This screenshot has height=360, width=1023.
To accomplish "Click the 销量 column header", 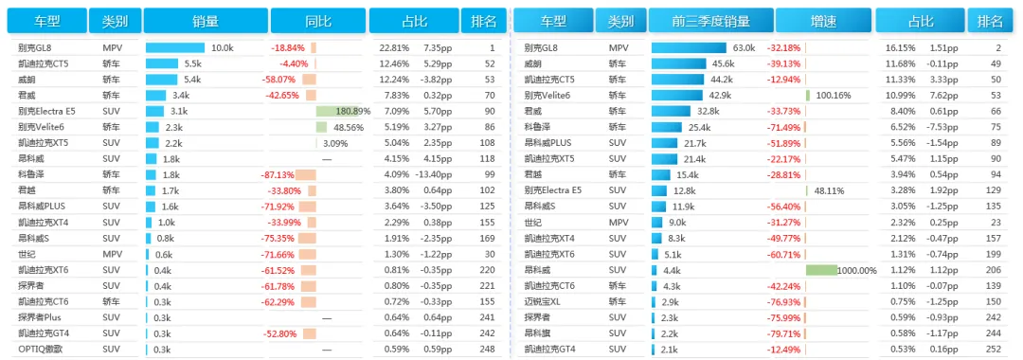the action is tap(206, 21).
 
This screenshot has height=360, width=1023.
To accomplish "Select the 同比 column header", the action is tap(318, 21).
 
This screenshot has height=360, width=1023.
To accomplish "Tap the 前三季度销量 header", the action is tap(711, 21).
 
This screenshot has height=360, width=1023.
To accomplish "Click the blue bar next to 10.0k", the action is tap(175, 47).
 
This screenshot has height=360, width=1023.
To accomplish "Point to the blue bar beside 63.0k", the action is tap(689, 47).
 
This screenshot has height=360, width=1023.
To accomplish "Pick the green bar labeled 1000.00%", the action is tap(821, 270).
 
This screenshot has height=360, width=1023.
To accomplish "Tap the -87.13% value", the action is tap(278, 174).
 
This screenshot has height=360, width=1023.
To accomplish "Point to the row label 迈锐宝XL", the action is tap(542, 302).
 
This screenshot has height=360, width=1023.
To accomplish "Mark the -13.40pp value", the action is tap(433, 174).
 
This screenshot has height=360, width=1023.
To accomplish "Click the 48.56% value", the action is tap(348, 127).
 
